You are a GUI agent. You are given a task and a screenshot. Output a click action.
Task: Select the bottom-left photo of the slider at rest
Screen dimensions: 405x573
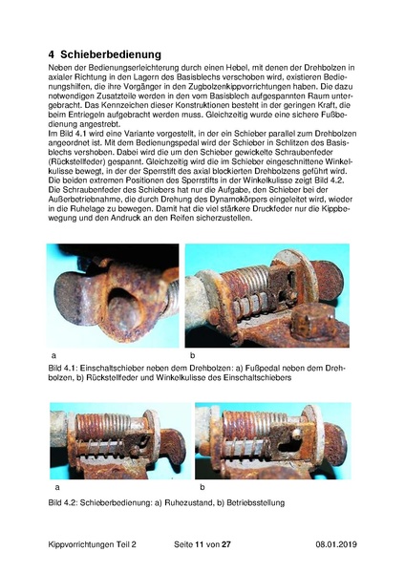click(x=119, y=439)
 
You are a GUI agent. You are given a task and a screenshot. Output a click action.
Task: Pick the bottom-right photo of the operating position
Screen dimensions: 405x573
click(x=272, y=439)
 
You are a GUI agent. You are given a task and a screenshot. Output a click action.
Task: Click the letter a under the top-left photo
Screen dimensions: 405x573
click(x=53, y=355)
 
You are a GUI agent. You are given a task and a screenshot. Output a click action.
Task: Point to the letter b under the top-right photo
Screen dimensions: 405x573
click(x=188, y=355)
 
